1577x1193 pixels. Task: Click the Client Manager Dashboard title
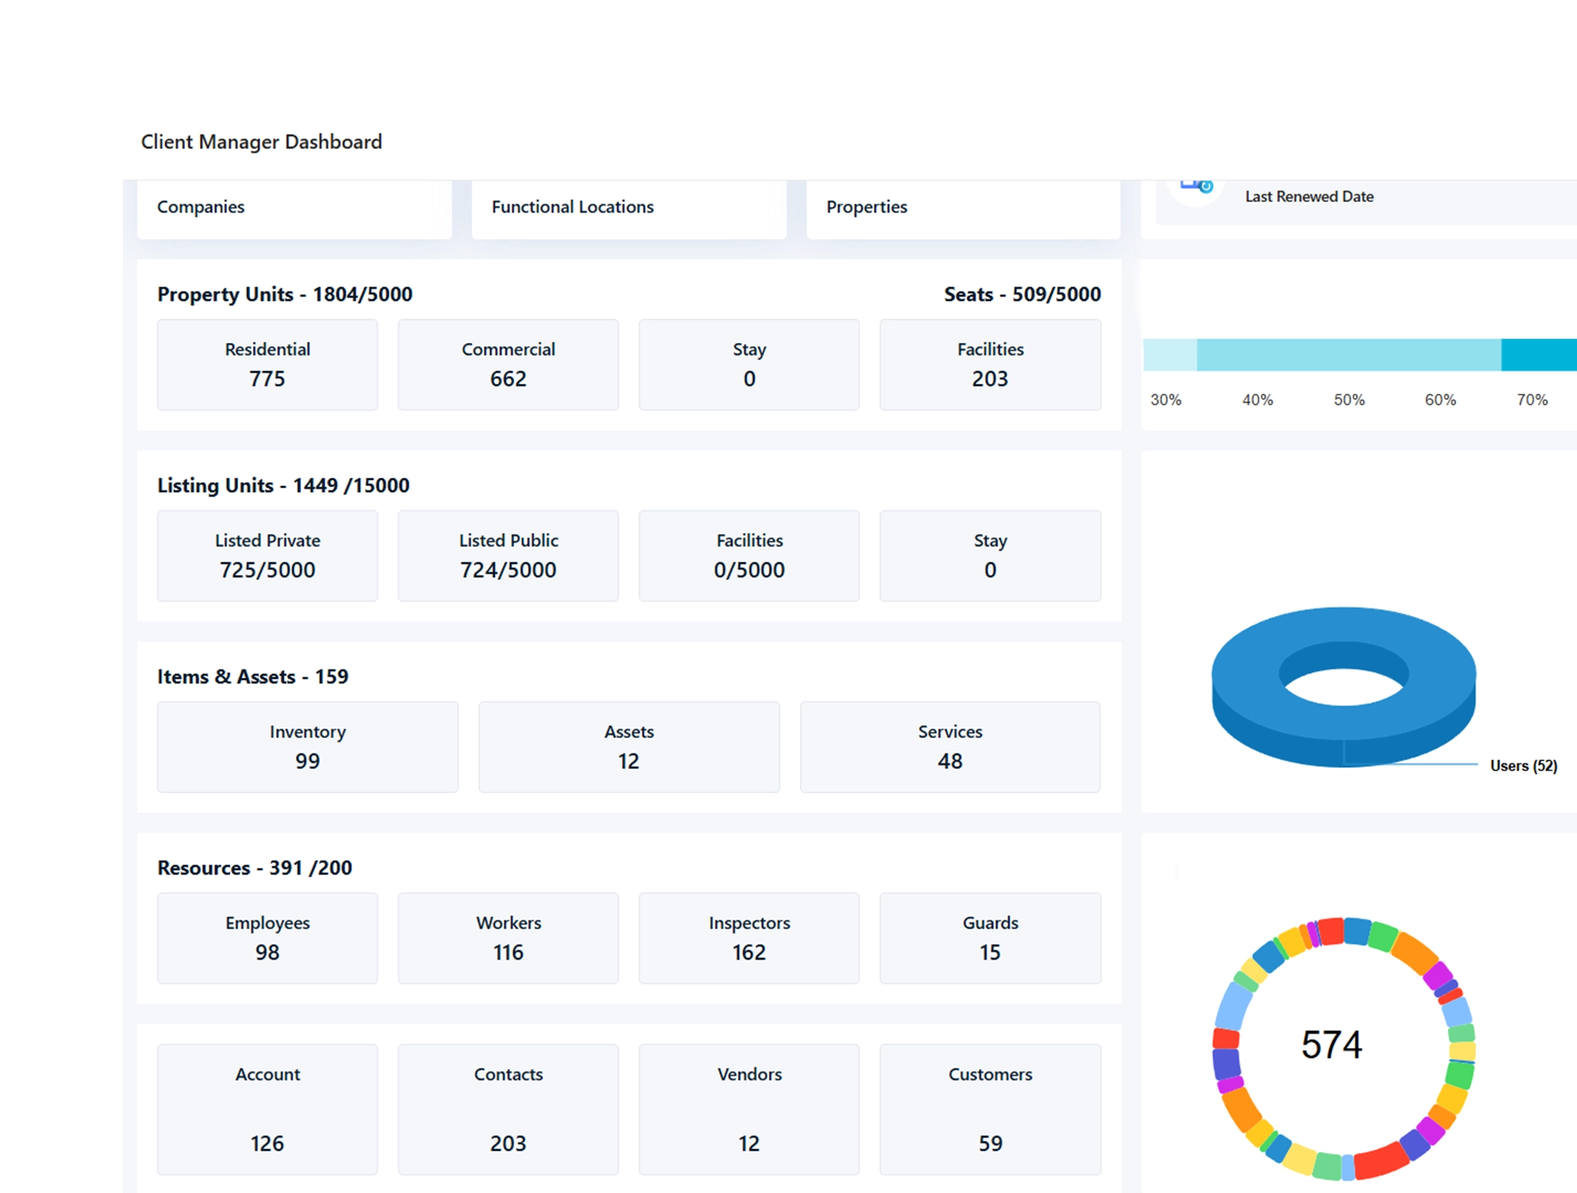click(261, 142)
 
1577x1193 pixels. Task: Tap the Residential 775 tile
click(267, 365)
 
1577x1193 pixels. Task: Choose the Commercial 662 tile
click(507, 365)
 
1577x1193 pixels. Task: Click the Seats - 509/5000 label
click(1022, 295)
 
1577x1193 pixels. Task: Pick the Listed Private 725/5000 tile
click(267, 556)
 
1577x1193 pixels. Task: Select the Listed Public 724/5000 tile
click(507, 556)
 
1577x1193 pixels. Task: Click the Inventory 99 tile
click(307, 746)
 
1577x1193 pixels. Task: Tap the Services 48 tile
click(950, 746)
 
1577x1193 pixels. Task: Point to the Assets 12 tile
click(629, 746)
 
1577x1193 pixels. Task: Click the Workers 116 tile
click(507, 938)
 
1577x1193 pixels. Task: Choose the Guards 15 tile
click(990, 938)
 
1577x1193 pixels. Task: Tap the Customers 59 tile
click(990, 1109)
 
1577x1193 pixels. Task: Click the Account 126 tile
click(267, 1109)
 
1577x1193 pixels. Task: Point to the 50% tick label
click(1349, 400)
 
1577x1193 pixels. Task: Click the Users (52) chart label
click(1523, 766)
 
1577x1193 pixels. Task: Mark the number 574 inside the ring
click(1331, 1045)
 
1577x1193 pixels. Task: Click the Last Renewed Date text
click(1309, 196)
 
